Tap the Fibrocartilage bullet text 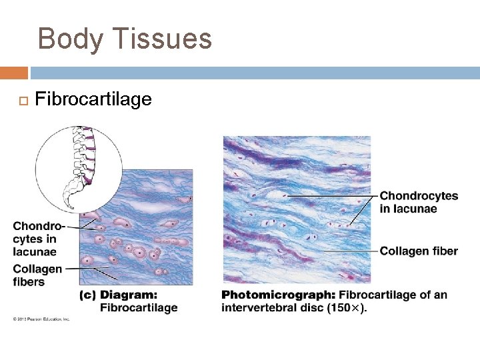pos(93,100)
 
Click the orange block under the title pos(13,73)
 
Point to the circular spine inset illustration pos(79,169)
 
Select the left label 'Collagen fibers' pos(37,275)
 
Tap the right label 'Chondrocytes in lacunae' pos(419,202)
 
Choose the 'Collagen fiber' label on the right pos(419,251)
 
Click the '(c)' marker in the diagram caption pos(87,295)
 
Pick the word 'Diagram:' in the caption pos(129,295)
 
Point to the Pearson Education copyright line pos(41,319)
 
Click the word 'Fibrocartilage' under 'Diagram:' pos(139,307)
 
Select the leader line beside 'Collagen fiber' pos(343,251)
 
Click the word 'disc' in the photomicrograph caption pos(317,308)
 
